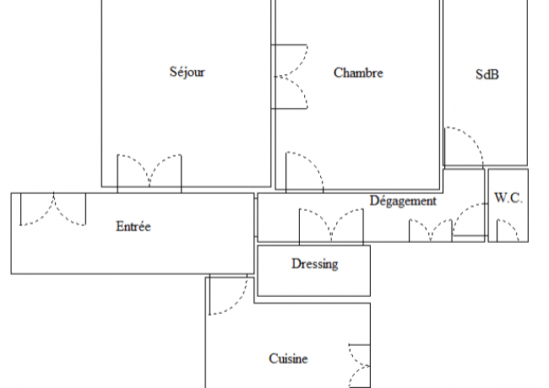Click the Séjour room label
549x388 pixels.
coord(187,72)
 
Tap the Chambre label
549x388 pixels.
coord(358,73)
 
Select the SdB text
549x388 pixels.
coord(487,74)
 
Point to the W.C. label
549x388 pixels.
coord(508,198)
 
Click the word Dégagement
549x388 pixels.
coord(403,201)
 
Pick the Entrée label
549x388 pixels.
coord(133,226)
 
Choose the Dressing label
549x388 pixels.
coord(315,264)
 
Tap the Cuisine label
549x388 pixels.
coord(288,358)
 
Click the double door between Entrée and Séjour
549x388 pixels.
coord(149,174)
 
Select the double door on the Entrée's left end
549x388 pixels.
coord(53,209)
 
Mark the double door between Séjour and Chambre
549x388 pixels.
coord(290,77)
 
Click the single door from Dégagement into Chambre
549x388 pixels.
coord(304,172)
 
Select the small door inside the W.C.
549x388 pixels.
coord(508,230)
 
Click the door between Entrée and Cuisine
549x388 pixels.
coord(228,294)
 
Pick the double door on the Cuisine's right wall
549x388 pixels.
coord(360,366)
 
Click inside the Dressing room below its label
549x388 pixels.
coord(314,283)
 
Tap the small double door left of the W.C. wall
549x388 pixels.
coord(430,231)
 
